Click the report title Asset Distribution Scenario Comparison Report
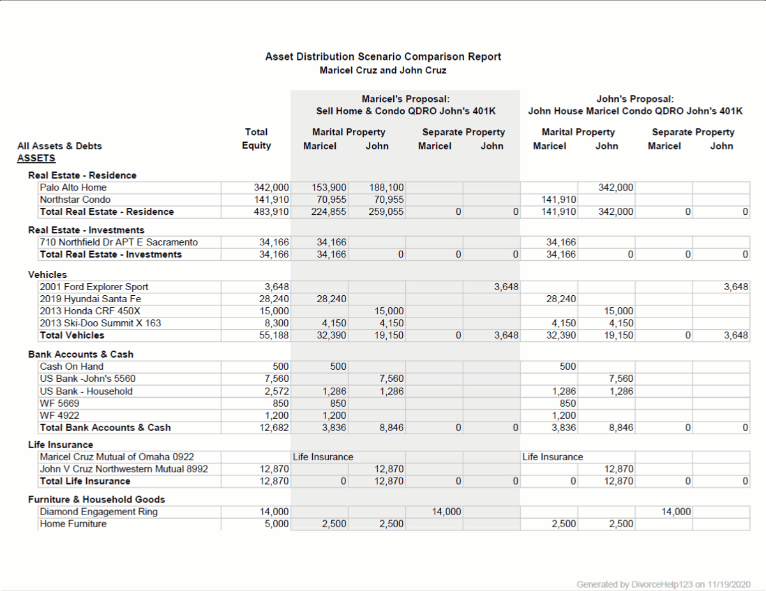tap(383, 57)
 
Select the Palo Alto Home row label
tap(73, 187)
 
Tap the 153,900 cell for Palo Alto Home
tap(329, 187)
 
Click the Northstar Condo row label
tap(75, 200)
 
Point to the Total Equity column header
tap(256, 139)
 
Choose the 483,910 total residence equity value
tap(271, 212)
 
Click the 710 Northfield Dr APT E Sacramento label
tap(119, 242)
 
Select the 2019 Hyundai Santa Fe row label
tap(90, 299)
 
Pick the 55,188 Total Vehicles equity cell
tap(274, 335)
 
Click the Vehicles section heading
tap(47, 275)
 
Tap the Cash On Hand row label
tap(71, 367)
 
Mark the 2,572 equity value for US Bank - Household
tap(276, 391)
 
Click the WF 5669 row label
tap(59, 404)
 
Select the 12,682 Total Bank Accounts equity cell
tap(274, 428)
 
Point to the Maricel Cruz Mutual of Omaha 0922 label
tap(117, 457)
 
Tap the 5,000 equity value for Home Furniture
tap(276, 524)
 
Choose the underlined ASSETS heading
tap(36, 158)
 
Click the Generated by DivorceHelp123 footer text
tap(663, 584)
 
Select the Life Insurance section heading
tap(61, 445)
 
